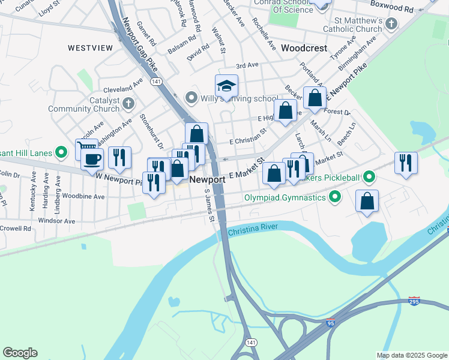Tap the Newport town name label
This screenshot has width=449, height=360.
tap(207, 180)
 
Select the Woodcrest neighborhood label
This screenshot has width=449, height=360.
tap(304, 47)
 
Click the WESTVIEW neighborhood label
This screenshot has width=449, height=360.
tap(91, 47)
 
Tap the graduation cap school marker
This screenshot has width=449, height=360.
tap(227, 86)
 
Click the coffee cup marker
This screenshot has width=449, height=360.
tap(92, 160)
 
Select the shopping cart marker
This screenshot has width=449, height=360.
tap(86, 149)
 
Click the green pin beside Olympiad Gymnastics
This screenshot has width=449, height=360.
tap(335, 197)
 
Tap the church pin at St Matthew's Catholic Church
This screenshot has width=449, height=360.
tap(391, 25)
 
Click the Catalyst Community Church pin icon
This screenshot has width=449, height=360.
tap(128, 104)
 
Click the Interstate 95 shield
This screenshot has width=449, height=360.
tap(331, 323)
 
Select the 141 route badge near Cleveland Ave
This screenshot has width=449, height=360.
tap(156, 80)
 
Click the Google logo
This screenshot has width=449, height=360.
tap(20, 353)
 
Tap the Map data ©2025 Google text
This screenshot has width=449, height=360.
tap(411, 355)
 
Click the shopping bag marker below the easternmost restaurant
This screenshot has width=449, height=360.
tap(367, 201)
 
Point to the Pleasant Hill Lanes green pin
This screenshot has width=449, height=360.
tap(61, 152)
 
